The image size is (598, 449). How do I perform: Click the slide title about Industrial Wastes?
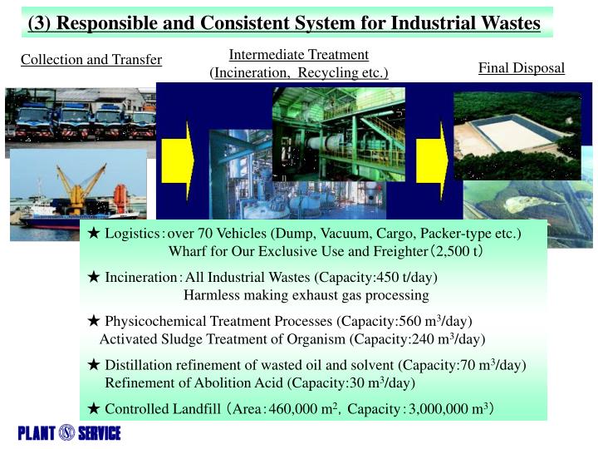pyautogui.click(x=284, y=22)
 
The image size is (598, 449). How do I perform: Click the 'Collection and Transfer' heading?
pyautogui.click(x=91, y=59)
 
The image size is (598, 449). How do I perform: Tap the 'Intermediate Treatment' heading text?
pyautogui.click(x=298, y=55)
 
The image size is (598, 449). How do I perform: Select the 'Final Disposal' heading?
pyautogui.click(x=522, y=67)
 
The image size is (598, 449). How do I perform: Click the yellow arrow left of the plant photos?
pyautogui.click(x=176, y=160)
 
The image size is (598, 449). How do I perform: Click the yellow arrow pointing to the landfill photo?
pyautogui.click(x=431, y=160)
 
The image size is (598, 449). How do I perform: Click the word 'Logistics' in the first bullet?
pyautogui.click(x=133, y=234)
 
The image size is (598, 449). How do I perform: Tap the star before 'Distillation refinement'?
pyautogui.click(x=94, y=365)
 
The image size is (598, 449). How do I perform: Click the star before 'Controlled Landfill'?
pyautogui.click(x=94, y=408)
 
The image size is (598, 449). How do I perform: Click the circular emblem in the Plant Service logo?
pyautogui.click(x=67, y=433)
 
